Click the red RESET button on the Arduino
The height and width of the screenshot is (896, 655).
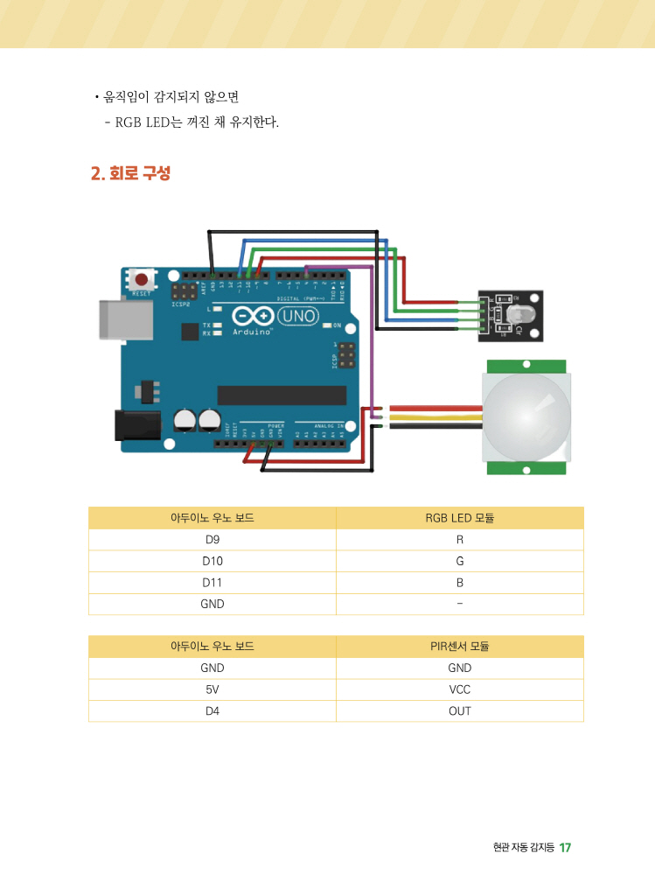(141, 280)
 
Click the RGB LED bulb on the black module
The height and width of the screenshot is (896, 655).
(512, 315)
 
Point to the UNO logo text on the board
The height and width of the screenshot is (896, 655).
(299, 315)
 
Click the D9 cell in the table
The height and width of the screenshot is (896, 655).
(212, 540)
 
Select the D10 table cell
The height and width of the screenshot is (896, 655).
(212, 561)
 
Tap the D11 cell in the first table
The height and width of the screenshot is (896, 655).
(212, 583)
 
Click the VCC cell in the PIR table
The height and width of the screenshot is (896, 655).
(459, 689)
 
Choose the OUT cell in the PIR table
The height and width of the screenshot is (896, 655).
(459, 711)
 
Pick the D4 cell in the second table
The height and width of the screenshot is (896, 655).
(212, 711)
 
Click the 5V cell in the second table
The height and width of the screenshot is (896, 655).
(212, 689)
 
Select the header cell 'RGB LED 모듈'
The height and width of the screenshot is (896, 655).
(459, 518)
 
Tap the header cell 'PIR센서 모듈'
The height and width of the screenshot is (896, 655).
(459, 647)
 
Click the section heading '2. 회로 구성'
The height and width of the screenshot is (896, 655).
(130, 173)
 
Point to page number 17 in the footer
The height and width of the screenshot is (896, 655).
(565, 847)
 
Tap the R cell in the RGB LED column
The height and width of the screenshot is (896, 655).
(459, 540)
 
